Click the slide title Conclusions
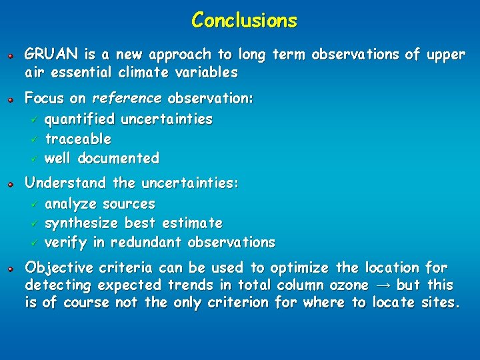click(x=244, y=20)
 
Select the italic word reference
click(x=127, y=99)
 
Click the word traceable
click(x=78, y=139)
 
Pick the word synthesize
click(x=84, y=223)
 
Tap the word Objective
click(x=59, y=268)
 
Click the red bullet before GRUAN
click(x=11, y=55)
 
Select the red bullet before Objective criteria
click(x=11, y=268)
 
